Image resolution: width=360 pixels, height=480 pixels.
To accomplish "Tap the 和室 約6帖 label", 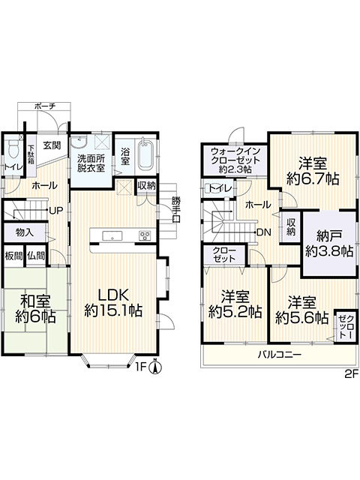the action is [x=35, y=308].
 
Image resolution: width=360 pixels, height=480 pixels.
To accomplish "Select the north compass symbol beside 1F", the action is [x=155, y=367].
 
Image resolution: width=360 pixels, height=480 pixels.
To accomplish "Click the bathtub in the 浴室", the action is [x=145, y=154].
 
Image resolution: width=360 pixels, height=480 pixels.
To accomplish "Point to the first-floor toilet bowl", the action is [x=13, y=148].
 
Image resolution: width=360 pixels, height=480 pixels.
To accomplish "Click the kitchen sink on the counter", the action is [x=112, y=236].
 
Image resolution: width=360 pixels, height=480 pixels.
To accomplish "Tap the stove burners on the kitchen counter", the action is [x=145, y=235].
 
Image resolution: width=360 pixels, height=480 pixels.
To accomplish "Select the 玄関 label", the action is [x=52, y=145].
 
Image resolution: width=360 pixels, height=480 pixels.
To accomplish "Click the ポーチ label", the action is [x=45, y=106].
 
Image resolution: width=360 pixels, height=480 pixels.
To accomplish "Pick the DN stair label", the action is [x=264, y=232].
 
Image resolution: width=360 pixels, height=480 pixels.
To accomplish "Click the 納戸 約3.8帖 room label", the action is [x=329, y=243].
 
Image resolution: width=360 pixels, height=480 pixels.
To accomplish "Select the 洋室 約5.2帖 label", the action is [x=235, y=304].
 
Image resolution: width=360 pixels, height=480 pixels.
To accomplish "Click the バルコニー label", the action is [x=280, y=355].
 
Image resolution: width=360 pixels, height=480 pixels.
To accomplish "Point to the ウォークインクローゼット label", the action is [x=235, y=160].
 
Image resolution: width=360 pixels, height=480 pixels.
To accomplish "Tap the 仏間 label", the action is [x=36, y=256].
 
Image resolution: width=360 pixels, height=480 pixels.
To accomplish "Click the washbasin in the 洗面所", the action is [x=79, y=142].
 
